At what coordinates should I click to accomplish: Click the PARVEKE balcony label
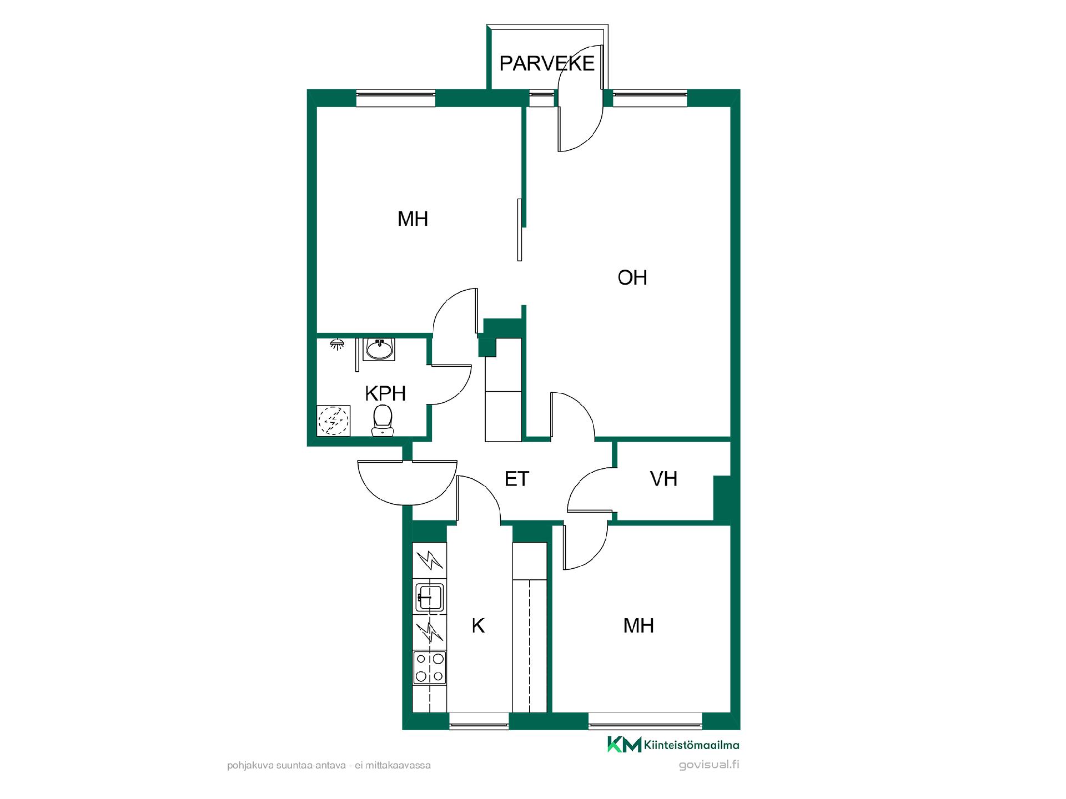pos(547,63)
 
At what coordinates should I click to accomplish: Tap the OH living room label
pos(632,277)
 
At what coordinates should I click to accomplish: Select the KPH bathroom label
pos(385,393)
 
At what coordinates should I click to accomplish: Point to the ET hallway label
pos(517,478)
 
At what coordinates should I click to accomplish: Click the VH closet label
pos(663,478)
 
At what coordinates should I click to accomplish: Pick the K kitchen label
pos(478,625)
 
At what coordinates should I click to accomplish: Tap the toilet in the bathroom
pos(383,420)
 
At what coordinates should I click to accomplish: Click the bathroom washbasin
pos(380,349)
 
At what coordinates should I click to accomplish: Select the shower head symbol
pos(336,344)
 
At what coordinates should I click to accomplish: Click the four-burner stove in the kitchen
pos(430,667)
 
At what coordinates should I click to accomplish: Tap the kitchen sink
pos(430,596)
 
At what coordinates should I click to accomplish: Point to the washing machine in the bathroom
pos(333,420)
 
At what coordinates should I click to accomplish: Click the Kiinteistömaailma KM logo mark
pos(624,744)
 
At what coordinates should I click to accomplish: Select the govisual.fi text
pos(709,765)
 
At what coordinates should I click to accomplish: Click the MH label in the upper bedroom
pos(413,219)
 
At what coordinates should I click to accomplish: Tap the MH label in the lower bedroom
pos(638,625)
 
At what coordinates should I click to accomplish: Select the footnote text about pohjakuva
pos(329,765)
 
